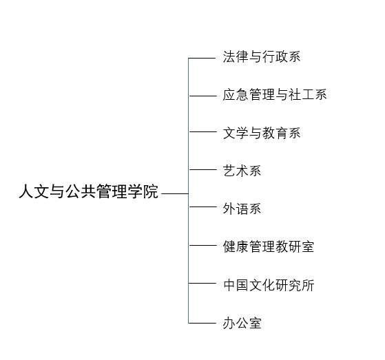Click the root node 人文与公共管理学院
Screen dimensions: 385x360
(x=88, y=191)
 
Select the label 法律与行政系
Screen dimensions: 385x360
(x=262, y=56)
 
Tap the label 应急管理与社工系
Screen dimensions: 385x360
(x=275, y=95)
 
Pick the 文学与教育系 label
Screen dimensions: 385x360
(x=262, y=133)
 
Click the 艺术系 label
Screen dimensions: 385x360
(x=242, y=171)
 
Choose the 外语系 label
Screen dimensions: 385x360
(x=242, y=209)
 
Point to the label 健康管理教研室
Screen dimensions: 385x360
(x=269, y=246)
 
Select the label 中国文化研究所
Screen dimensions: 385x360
(x=269, y=285)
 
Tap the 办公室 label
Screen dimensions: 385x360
(x=242, y=323)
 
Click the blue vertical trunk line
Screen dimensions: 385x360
(x=189, y=191)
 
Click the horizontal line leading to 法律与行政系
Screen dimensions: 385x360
(x=202, y=58)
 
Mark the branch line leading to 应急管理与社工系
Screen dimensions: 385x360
(x=202, y=96)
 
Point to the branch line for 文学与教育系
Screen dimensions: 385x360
(x=202, y=131)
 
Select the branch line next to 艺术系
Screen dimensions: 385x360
(x=202, y=169)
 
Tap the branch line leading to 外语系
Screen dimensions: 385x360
(x=202, y=207)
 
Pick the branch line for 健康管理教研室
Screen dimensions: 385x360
(x=202, y=245)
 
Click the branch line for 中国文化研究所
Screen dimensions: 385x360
(x=202, y=283)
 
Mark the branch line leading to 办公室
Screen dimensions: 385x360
(x=202, y=323)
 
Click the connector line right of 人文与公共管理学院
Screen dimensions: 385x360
(x=175, y=193)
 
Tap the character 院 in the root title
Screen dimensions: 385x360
(x=151, y=191)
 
